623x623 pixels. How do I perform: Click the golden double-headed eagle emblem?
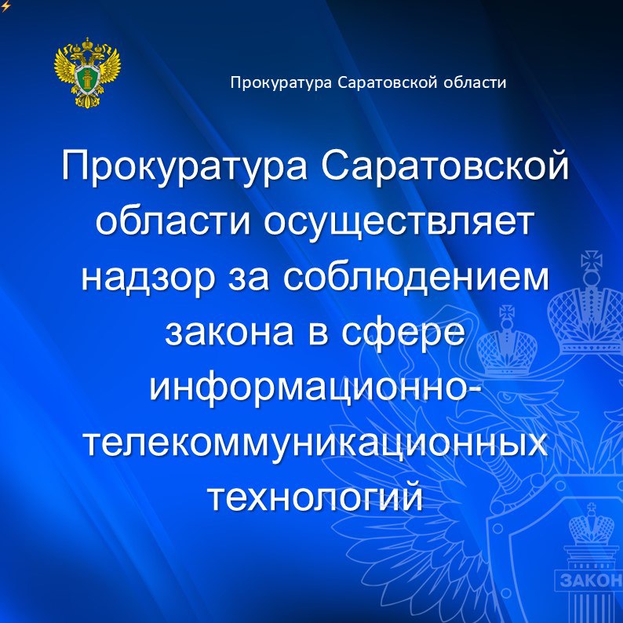coord(87,73)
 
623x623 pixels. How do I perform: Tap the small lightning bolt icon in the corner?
coord(5,6)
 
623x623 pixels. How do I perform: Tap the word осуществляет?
coord(398,224)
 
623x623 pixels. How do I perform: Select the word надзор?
coord(148,278)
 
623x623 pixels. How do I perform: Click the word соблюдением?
coord(416,276)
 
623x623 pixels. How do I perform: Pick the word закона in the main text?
coord(229,333)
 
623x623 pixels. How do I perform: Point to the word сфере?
coord(403,333)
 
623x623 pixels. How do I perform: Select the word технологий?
coord(315,497)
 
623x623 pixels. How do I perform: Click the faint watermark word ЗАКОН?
coord(591,581)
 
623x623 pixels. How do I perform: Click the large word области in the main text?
coord(173,222)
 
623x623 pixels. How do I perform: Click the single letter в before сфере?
coord(318,333)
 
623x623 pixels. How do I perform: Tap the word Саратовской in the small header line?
coord(388,82)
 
